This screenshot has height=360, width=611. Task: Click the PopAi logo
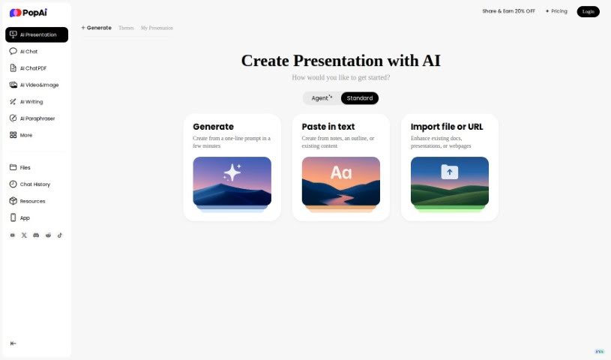[x=27, y=13]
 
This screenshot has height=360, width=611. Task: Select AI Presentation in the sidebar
[x=37, y=34]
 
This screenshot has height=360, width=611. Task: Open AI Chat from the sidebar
[x=28, y=52]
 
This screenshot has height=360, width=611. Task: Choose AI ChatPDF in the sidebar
[x=33, y=68]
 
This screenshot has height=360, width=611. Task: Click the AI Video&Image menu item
[x=39, y=85]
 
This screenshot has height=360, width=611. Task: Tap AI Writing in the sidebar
[x=31, y=101]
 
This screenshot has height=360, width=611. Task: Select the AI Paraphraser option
[x=37, y=118]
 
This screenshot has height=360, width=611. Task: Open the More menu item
[x=25, y=135]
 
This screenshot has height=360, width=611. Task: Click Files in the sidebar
[x=25, y=167]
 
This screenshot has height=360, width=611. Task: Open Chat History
[x=34, y=184]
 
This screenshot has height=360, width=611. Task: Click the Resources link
[x=32, y=201]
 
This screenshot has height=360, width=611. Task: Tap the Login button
[x=588, y=11]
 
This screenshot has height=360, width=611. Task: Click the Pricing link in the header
[x=556, y=11]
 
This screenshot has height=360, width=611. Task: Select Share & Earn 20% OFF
[x=508, y=11]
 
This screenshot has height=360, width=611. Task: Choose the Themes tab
[x=126, y=28]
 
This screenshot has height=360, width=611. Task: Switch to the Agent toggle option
[x=322, y=98]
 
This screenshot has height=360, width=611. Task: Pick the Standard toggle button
[x=360, y=98]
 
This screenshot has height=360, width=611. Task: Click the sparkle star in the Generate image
[x=232, y=172]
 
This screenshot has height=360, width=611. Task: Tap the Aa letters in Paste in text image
[x=341, y=173]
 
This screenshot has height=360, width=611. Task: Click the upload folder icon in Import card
[x=450, y=172]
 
